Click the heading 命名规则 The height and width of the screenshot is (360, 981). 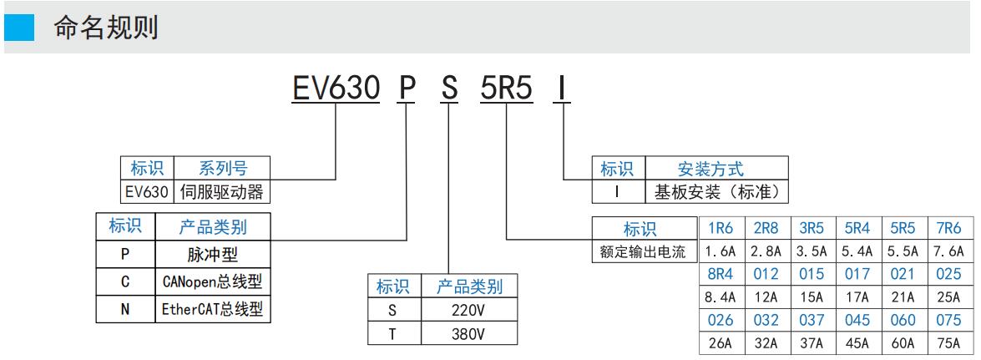click(x=106, y=28)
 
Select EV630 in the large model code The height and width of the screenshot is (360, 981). click(x=334, y=88)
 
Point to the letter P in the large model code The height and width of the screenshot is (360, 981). click(x=405, y=88)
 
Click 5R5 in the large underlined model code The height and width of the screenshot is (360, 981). click(x=506, y=88)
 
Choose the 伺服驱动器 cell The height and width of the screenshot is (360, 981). click(x=223, y=191)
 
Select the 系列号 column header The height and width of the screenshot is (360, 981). click(x=223, y=169)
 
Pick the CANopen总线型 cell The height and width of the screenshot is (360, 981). click(x=214, y=281)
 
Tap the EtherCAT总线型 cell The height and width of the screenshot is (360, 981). click(x=214, y=310)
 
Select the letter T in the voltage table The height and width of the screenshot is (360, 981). click(x=392, y=334)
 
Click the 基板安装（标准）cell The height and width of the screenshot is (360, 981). click(x=716, y=191)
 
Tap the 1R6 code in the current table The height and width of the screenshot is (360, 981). click(x=721, y=228)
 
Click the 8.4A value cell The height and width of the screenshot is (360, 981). click(x=721, y=297)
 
